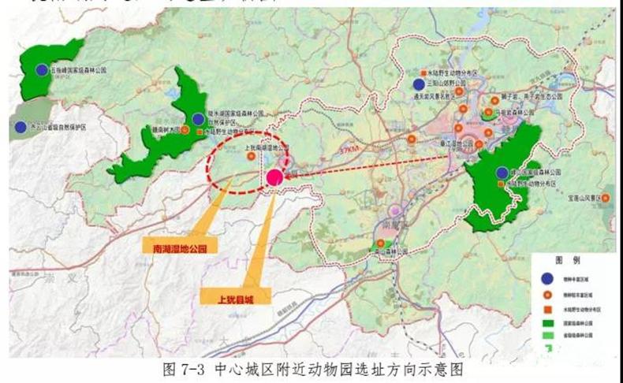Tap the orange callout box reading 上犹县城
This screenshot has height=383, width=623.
coord(236,296)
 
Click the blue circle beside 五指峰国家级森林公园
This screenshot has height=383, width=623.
coord(42,70)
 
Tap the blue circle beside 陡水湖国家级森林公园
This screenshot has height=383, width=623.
coord(198,119)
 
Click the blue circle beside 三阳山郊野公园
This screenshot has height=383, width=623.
coord(418,84)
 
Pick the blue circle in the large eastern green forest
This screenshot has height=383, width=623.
coord(502,173)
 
